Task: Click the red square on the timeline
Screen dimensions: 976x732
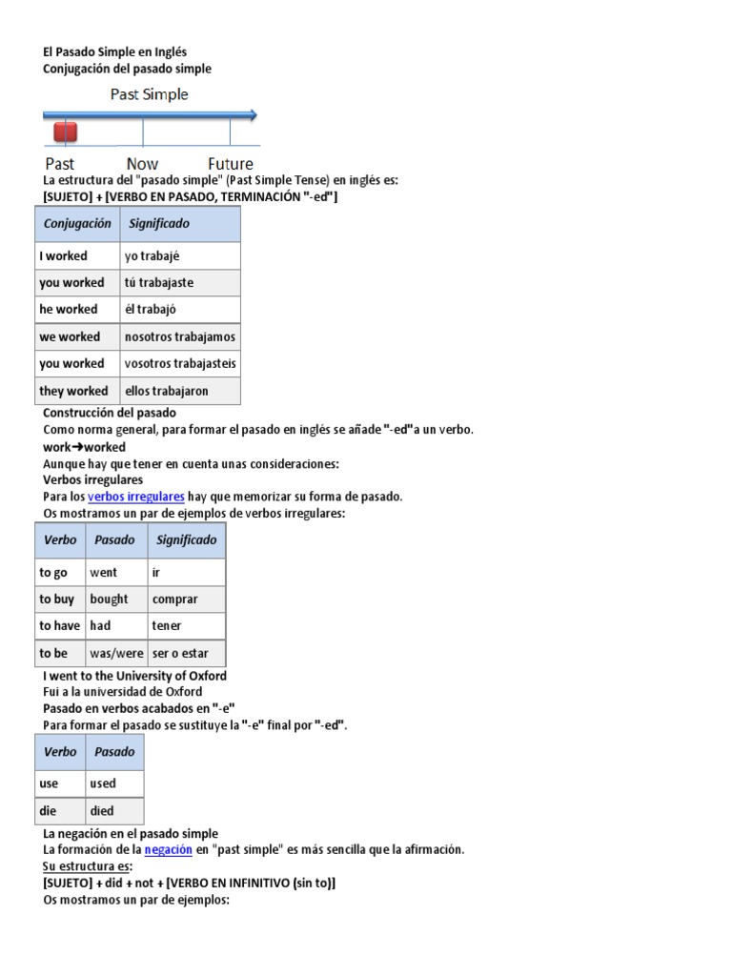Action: tap(65, 131)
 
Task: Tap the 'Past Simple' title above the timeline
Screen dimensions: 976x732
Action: tap(149, 94)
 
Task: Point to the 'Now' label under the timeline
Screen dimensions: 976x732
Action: tap(142, 164)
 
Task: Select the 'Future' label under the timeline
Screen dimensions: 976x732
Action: tap(231, 164)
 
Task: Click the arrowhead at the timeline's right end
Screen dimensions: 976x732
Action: tap(253, 115)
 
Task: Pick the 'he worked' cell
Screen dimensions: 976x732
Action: tap(69, 310)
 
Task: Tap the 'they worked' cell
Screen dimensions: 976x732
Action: tap(73, 391)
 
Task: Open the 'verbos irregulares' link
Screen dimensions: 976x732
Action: tap(136, 497)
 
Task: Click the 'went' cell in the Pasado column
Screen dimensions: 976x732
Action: tap(104, 573)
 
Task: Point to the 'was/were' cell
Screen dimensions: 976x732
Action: tap(114, 654)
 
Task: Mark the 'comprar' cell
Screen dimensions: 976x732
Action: tap(175, 600)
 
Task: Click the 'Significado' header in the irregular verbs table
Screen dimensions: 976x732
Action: tap(186, 539)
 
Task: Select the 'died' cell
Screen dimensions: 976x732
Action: tap(102, 811)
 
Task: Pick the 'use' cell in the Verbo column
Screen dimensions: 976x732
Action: tap(49, 783)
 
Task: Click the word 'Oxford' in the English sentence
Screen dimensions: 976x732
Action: tap(205, 676)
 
